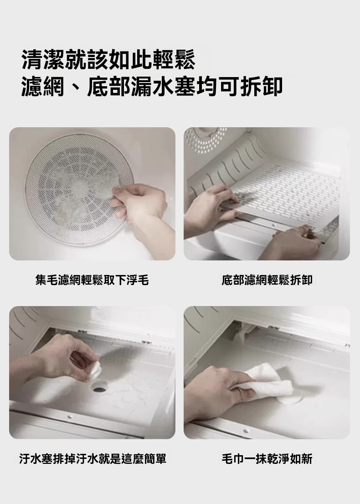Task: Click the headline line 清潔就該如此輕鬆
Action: coord(108,60)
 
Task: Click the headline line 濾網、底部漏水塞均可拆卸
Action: coord(152,87)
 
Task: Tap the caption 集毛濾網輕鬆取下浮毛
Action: coord(92,280)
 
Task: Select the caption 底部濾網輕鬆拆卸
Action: coord(267,280)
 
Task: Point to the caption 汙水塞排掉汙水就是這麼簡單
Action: coord(93,459)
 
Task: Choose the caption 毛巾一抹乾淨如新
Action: coord(267,459)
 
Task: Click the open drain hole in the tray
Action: coord(100,389)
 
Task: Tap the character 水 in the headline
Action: coord(163,87)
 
